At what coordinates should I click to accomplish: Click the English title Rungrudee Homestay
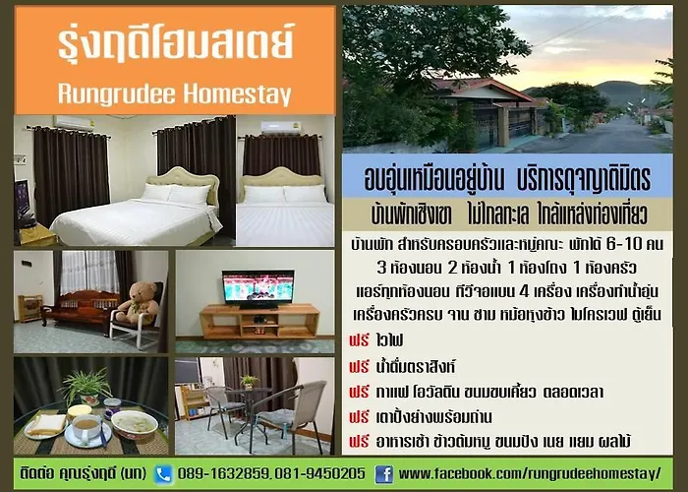click(175, 93)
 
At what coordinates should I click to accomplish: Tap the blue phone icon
click(163, 474)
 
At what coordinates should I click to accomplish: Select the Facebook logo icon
click(384, 474)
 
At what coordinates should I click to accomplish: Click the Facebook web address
click(530, 474)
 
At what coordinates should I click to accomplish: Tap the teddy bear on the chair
click(139, 302)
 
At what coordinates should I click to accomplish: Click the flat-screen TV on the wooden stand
click(258, 288)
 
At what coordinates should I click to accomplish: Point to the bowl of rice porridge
click(135, 424)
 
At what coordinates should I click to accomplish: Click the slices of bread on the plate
click(46, 424)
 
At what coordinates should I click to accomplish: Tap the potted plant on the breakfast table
click(86, 387)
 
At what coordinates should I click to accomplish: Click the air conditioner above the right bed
click(280, 127)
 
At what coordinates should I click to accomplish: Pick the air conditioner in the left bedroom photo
click(74, 123)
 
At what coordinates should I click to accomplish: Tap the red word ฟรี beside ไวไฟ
click(359, 340)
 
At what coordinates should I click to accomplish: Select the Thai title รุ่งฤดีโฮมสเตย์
click(176, 44)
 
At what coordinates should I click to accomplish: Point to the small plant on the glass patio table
click(250, 382)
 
